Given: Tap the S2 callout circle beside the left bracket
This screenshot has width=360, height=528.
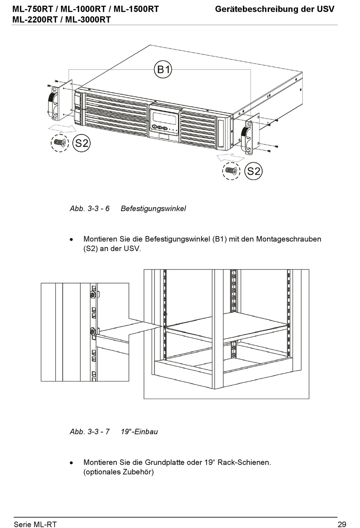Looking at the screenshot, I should (x=81, y=143).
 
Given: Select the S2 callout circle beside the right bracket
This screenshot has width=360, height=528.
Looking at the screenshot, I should (x=254, y=171).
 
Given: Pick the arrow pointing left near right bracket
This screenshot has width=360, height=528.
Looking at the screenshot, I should (x=230, y=157).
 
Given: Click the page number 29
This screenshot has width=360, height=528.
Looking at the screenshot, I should (x=341, y=524).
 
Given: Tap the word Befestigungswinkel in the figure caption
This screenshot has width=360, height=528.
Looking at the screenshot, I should (x=153, y=208).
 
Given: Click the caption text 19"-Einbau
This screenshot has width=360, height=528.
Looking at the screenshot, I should (x=139, y=431).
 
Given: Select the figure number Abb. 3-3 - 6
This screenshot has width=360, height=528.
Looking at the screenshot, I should (x=89, y=208).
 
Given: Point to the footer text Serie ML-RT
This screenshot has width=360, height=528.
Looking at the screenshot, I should (x=35, y=524).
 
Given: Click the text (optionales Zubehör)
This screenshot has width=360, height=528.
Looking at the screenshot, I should (x=118, y=472).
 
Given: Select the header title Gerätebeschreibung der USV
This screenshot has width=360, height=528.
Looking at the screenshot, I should (x=274, y=9).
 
